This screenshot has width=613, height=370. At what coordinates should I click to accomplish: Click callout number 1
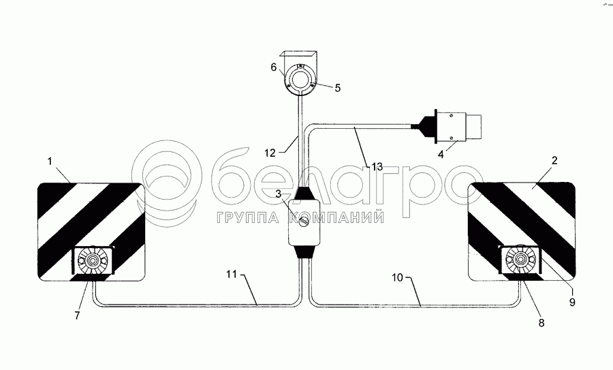[50, 161]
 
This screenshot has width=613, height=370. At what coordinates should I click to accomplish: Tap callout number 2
[554, 160]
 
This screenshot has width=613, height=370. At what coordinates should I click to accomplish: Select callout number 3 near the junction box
[279, 194]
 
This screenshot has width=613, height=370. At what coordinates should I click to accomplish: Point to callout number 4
[441, 154]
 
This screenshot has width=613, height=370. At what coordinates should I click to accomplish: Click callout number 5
[337, 88]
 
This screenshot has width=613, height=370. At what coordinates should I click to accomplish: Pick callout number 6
[274, 67]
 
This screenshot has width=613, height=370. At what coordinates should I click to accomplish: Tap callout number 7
[77, 315]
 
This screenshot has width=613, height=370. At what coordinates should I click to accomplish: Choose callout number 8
[541, 323]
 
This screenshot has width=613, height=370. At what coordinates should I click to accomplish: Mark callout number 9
[572, 302]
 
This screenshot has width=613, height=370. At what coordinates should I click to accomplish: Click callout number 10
[397, 278]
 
